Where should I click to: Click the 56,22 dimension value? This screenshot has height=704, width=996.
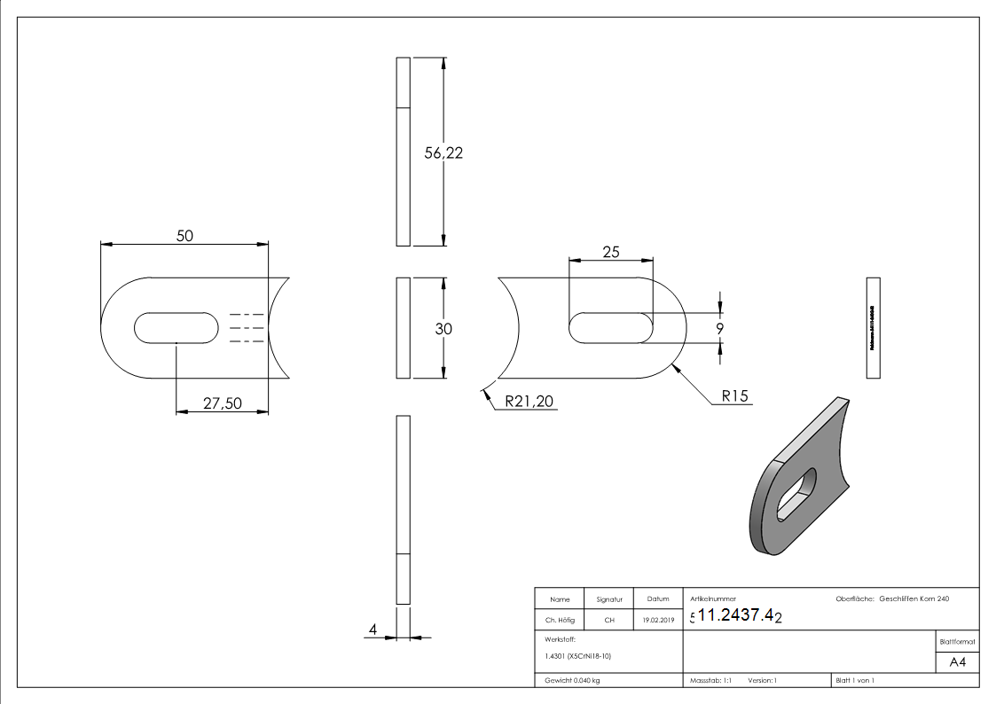click(x=444, y=153)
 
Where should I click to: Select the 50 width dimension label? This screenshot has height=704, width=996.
click(x=184, y=235)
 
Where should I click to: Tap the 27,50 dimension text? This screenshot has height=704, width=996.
click(x=223, y=403)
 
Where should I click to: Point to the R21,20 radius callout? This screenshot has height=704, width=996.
click(x=529, y=402)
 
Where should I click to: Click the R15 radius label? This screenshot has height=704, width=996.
click(x=735, y=397)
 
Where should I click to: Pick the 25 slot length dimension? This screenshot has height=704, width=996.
click(x=610, y=252)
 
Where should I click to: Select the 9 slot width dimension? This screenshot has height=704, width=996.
click(x=719, y=328)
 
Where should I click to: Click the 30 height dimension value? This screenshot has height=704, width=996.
click(x=444, y=328)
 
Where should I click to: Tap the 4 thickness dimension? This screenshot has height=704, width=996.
click(x=373, y=630)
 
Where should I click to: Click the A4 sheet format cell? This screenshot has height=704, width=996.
click(x=957, y=662)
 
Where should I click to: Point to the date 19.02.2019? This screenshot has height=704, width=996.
click(x=657, y=620)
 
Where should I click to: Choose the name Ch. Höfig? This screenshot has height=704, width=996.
click(x=560, y=620)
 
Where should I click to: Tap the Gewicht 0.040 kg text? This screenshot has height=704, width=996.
click(x=572, y=680)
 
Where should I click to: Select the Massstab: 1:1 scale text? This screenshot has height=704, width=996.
click(x=710, y=680)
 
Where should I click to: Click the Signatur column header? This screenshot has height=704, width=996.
click(x=609, y=599)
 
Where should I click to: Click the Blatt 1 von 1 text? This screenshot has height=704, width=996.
click(x=855, y=680)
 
